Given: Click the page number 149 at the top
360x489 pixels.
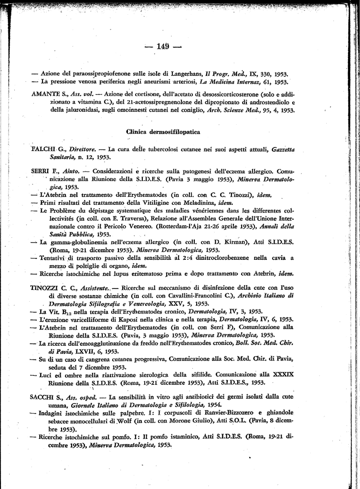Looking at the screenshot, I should click(x=163, y=46).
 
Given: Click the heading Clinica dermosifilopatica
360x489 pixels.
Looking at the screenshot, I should click(x=163, y=131).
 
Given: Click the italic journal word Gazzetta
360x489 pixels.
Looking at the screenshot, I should click(x=280, y=149).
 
